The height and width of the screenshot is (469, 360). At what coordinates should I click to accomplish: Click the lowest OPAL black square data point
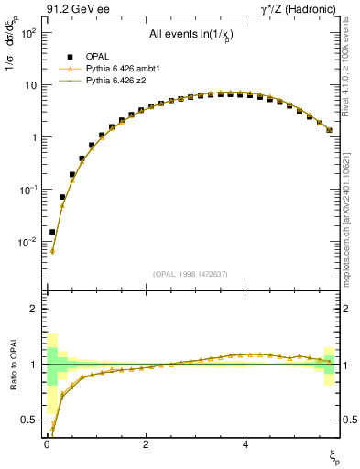52,232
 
